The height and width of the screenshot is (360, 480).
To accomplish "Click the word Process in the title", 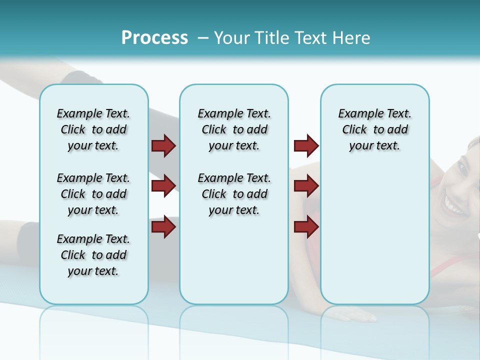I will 154,38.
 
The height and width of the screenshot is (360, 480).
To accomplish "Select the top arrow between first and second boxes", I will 163,146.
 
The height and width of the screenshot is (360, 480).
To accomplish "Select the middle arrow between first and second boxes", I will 163,186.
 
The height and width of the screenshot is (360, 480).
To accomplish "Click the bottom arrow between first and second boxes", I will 163,227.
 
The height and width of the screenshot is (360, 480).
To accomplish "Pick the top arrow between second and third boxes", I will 306,146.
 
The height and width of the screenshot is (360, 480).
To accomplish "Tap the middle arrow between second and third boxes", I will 306,186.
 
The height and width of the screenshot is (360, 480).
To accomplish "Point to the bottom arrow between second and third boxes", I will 306,227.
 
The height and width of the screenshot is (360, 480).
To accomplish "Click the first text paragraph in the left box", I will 93,129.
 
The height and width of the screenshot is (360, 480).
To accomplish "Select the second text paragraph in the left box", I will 93,194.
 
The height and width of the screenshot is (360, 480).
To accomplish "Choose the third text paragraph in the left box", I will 93,255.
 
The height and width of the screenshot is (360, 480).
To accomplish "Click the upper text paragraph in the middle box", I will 234,129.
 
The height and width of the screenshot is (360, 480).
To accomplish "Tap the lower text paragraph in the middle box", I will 234,194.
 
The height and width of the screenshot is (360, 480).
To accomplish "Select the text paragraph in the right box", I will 374,129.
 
